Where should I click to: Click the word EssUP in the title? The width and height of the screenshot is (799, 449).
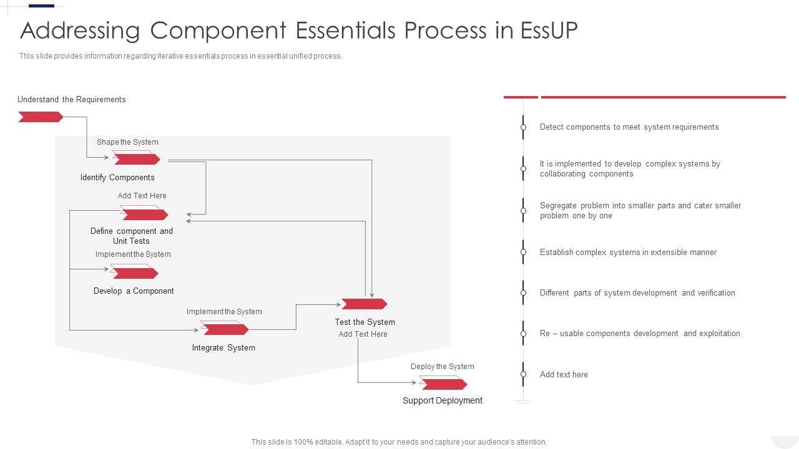click(549, 30)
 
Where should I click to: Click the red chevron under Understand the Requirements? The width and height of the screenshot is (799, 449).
click(41, 117)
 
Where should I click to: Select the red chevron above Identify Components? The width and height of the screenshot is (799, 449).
click(137, 159)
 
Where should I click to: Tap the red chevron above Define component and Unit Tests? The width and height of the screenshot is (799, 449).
click(145, 215)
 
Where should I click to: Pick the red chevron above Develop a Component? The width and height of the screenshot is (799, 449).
click(135, 273)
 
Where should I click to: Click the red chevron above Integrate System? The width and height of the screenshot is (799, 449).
click(225, 329)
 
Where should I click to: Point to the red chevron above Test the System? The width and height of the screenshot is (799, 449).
click(364, 304)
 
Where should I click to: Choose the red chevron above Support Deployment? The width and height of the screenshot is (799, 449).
click(444, 384)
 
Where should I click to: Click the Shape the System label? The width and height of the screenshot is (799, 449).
click(127, 142)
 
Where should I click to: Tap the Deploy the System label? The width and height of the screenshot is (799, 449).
click(443, 366)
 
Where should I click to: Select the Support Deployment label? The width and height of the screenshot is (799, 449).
click(443, 400)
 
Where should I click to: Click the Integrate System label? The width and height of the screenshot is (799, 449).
click(223, 347)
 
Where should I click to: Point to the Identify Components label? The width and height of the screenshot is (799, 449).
click(117, 178)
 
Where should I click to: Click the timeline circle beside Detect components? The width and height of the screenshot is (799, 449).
click(523, 127)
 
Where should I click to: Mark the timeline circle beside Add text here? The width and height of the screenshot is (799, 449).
click(523, 374)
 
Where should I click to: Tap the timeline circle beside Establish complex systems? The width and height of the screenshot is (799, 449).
click(523, 252)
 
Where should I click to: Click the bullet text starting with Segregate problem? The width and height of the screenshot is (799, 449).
click(640, 210)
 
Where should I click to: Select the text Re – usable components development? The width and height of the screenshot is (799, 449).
click(609, 333)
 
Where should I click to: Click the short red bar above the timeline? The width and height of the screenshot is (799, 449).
click(521, 97)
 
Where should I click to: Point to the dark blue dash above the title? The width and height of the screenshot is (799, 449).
click(41, 6)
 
